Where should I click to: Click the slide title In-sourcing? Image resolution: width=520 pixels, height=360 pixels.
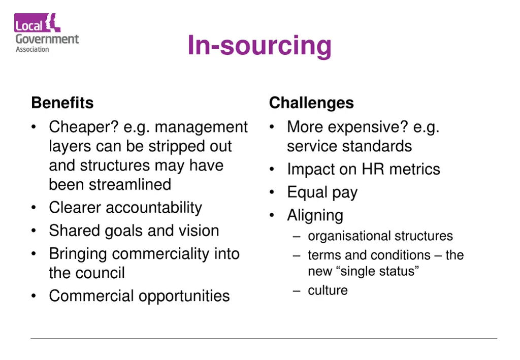(x=259, y=45)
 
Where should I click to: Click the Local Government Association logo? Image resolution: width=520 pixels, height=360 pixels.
(x=46, y=34)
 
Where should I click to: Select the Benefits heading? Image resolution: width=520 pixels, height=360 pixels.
(x=62, y=103)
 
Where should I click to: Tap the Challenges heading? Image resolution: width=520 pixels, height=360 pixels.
(x=311, y=103)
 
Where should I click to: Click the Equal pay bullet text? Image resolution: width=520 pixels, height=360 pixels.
(x=322, y=192)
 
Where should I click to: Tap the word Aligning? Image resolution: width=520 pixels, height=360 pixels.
(x=315, y=215)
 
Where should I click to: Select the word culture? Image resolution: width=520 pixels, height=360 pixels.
(x=328, y=290)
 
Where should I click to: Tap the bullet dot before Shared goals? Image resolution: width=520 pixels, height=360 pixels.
(x=34, y=231)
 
